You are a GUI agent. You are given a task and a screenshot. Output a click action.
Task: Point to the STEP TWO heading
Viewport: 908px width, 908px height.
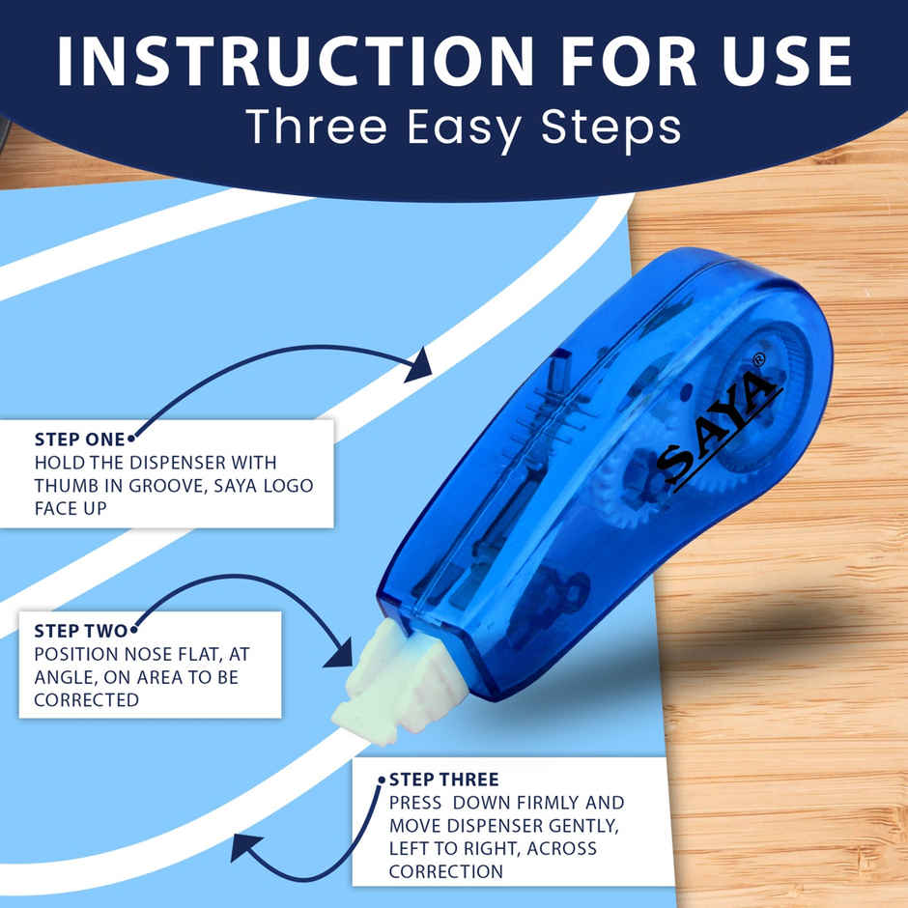[80, 631]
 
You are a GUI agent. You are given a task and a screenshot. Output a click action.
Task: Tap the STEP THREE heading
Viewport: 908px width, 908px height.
[443, 780]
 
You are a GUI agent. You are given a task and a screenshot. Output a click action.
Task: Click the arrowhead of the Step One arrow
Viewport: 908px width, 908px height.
[418, 364]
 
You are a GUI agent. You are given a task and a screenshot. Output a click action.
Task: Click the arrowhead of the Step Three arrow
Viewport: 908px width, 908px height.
[246, 850]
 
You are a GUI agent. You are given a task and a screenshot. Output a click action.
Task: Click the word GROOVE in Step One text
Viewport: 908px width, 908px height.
[157, 485]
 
